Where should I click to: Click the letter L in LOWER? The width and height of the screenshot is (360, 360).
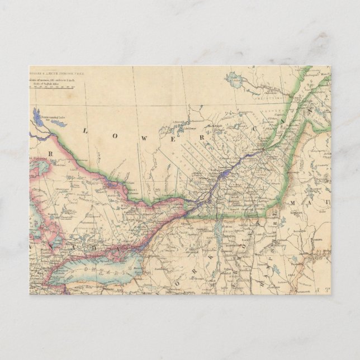tap(86, 130)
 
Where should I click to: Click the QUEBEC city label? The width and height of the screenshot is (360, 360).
tap(258, 150)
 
